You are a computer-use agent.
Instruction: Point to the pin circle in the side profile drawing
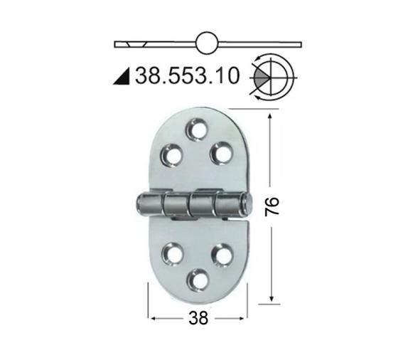206,43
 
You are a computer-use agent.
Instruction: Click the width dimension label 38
199,319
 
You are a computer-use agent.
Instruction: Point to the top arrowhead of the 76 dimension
270,115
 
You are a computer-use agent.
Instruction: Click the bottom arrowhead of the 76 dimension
270,300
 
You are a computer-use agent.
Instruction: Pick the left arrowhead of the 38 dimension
151,317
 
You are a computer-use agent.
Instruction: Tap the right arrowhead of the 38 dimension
246,317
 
